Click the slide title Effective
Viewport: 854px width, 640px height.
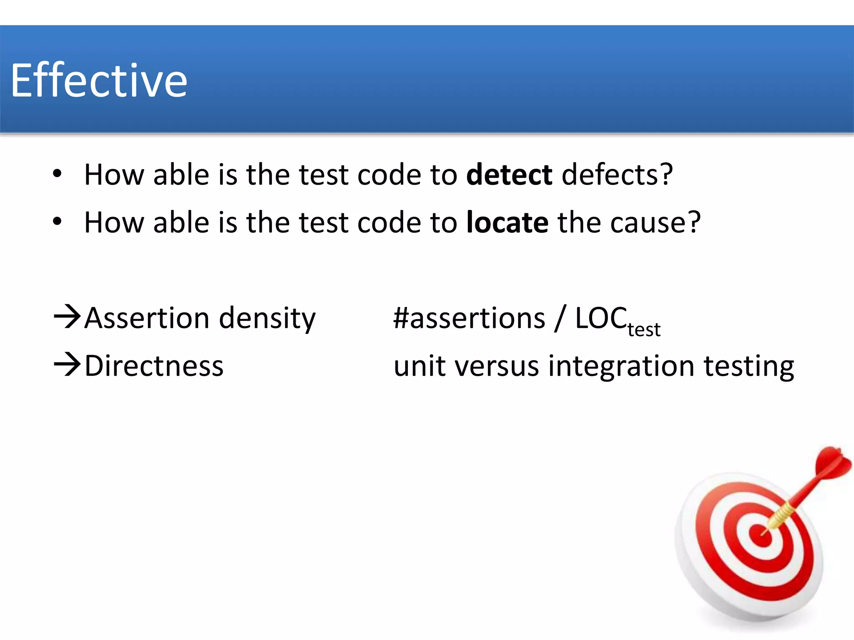pyautogui.click(x=99, y=80)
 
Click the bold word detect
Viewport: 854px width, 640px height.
pyautogui.click(x=509, y=175)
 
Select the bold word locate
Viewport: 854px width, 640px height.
pyautogui.click(x=507, y=222)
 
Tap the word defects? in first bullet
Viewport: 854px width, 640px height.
pyautogui.click(x=617, y=175)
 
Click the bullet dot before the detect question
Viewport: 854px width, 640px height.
pyautogui.click(x=57, y=174)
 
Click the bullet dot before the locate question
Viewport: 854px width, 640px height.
pyautogui.click(x=57, y=222)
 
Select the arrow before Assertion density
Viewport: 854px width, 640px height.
pyautogui.click(x=67, y=317)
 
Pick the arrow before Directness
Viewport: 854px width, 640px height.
pyautogui.click(x=67, y=365)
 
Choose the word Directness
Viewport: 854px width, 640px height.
pyautogui.click(x=154, y=366)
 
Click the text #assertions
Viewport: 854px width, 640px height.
pyautogui.click(x=469, y=318)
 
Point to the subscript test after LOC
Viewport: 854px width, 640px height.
pyautogui.click(x=644, y=330)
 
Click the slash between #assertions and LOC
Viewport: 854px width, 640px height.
pyautogui.click(x=560, y=318)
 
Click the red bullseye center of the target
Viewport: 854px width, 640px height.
pyautogui.click(x=761, y=535)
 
